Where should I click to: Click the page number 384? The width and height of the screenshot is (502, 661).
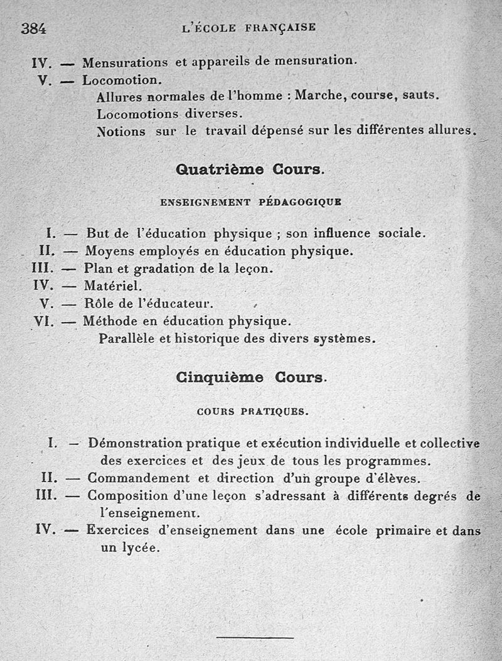coord(34,28)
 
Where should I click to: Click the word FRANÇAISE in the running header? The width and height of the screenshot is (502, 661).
coord(280,28)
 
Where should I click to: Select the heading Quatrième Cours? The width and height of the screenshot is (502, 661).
coord(250,169)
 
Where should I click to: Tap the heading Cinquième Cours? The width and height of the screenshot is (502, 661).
coord(251,377)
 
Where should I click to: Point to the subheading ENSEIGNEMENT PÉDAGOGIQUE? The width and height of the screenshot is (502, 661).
coord(251,202)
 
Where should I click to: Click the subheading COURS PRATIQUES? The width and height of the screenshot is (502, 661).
coord(252,412)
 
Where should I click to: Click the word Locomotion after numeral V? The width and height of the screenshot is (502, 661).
coord(122,80)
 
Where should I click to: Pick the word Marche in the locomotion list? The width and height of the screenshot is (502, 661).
coord(320,96)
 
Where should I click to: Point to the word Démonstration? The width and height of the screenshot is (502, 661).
coord(136,443)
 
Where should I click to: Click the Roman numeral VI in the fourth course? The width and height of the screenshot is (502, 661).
coord(46,321)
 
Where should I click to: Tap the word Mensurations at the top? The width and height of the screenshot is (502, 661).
coord(125,62)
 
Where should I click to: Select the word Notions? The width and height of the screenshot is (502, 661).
coord(120,132)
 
